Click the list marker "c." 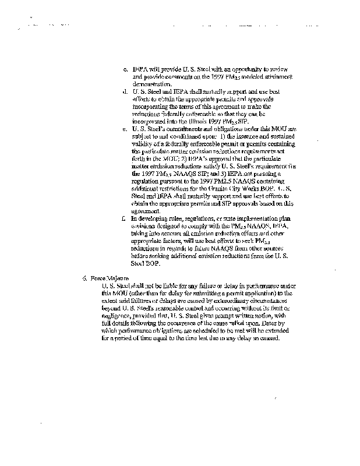point(126,69)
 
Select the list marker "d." point(126,91)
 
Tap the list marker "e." point(126,128)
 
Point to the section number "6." point(85,278)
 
